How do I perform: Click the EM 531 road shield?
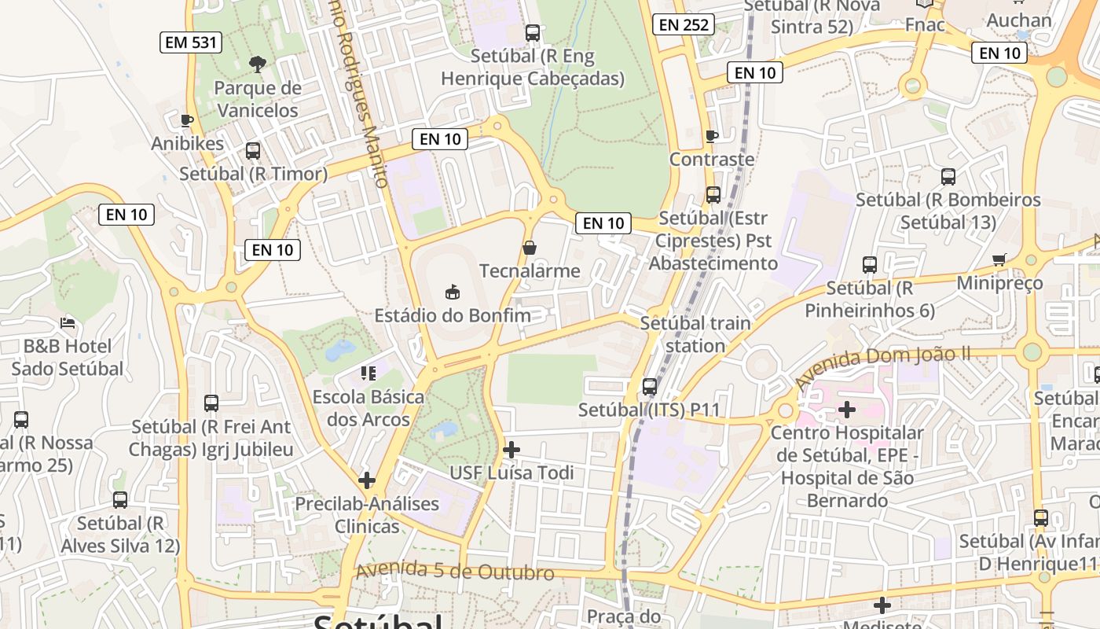tap(191, 42)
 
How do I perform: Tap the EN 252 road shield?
tap(683, 25)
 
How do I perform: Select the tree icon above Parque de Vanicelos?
tap(257, 64)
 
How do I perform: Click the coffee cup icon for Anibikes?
tap(187, 120)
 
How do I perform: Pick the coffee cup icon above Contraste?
tap(712, 136)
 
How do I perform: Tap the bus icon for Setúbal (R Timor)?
tap(253, 151)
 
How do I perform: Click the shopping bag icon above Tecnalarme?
tap(530, 248)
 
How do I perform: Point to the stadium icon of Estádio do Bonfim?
tap(453, 292)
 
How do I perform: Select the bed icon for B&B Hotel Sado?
tap(68, 323)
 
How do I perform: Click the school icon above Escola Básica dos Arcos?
tap(368, 373)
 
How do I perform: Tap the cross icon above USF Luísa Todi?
tap(511, 450)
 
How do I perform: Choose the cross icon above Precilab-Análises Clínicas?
tap(367, 480)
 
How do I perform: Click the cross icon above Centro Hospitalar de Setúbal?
tap(847, 410)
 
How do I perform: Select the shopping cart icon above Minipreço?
tap(999, 259)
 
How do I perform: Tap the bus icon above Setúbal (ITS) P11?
tap(650, 387)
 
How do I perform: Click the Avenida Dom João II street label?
tap(882, 364)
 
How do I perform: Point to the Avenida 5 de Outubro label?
tap(455, 572)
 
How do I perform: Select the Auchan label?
tap(1019, 20)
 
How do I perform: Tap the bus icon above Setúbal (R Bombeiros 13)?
tap(948, 177)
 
